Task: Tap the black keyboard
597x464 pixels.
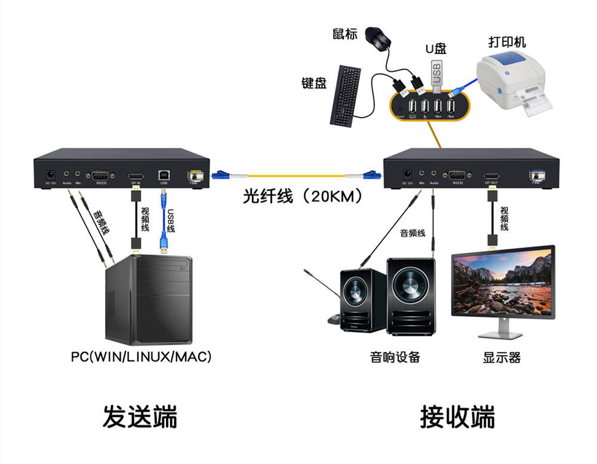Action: [x=346, y=95]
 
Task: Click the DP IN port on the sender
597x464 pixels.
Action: [x=135, y=176]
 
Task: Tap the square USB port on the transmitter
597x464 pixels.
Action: [x=164, y=175]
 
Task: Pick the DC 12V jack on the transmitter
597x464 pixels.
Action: [x=51, y=175]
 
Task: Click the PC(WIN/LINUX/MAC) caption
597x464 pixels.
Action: [x=141, y=357]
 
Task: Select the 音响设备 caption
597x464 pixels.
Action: [x=395, y=357]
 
